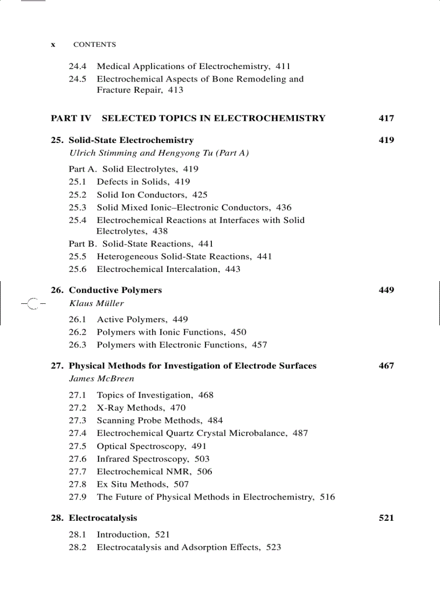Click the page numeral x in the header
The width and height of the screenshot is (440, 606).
tap(53, 45)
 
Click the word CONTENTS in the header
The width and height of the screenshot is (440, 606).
tap(94, 45)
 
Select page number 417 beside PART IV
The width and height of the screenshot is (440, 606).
tap(386, 118)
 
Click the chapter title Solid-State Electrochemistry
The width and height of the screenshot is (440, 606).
tap(131, 140)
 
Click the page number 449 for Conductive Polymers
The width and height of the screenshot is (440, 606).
tap(386, 290)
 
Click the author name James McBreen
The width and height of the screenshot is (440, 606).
tap(101, 379)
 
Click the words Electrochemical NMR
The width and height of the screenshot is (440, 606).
tap(154, 472)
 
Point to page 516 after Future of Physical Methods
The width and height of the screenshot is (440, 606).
tap(327, 497)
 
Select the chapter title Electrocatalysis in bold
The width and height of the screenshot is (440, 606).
tap(103, 518)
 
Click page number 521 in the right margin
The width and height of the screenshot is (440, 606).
tap(386, 518)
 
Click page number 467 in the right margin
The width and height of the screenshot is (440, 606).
tap(386, 366)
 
